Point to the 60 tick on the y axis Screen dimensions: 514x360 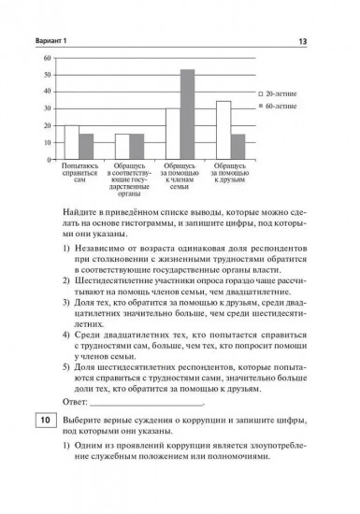pos(47,58)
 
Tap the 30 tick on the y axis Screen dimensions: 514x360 pos(47,108)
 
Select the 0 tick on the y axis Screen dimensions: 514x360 pos(47,160)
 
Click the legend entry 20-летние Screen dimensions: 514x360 pos(280,94)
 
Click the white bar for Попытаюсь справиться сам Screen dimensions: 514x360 pos(71,142)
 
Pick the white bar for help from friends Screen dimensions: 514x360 pos(223,130)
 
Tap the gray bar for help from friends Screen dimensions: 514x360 pos(238,147)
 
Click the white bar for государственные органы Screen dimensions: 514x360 pos(122,147)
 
